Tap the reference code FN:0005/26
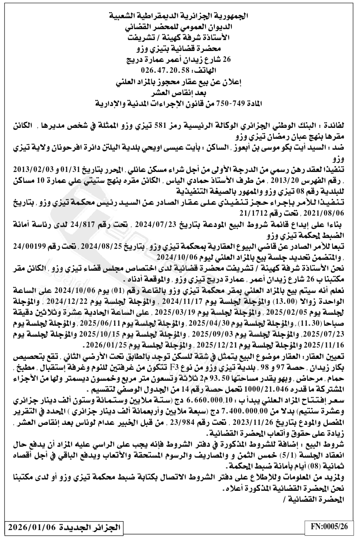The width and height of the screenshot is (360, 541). click(x=329, y=527)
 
